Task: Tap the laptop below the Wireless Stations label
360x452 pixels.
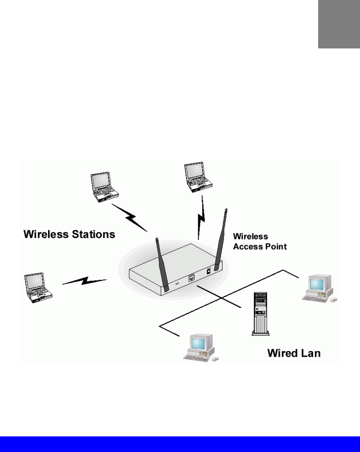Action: [38, 288]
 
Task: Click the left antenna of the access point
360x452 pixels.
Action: [162, 265]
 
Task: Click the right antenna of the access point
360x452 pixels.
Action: [220, 238]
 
